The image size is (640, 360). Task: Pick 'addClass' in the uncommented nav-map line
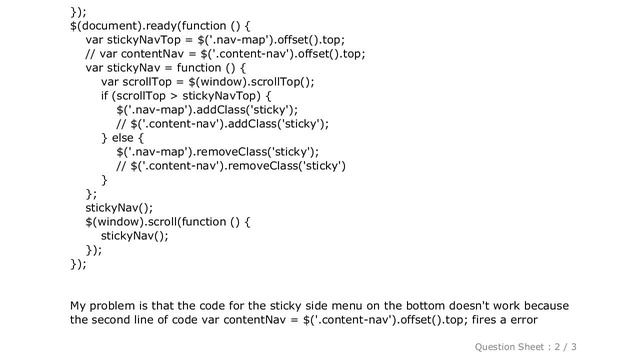(225, 110)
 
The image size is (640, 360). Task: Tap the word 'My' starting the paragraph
(79, 304)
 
